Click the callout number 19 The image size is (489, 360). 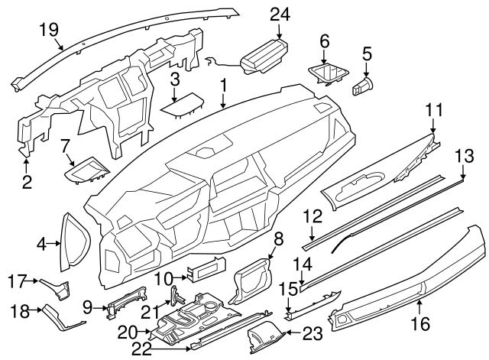click(49, 29)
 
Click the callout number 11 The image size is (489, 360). click(434, 112)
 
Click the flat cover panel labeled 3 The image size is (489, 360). click(182, 105)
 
